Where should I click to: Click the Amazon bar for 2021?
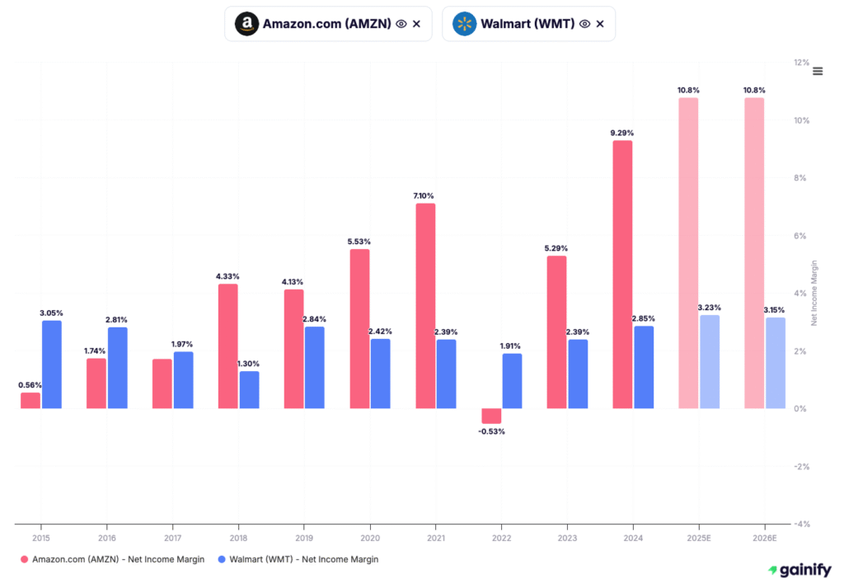point(425,306)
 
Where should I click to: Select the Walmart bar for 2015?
point(52,365)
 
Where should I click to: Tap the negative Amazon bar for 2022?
point(491,416)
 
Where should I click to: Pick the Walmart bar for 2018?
point(249,390)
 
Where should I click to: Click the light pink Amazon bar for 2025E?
point(688,253)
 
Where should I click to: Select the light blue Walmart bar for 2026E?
point(776,363)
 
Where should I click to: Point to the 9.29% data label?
point(622,133)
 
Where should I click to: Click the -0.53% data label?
point(491,431)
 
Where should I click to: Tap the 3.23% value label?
point(710,308)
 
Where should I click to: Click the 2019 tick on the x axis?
point(304,537)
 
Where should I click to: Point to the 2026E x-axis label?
point(764,537)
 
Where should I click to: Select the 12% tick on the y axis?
point(801,63)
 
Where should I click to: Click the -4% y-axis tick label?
point(800,524)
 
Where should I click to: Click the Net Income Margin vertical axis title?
point(814,293)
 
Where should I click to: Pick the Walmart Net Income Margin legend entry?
point(298,560)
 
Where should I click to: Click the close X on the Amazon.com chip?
point(416,24)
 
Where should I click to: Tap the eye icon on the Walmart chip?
point(584,24)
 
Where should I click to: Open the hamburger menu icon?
point(818,71)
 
